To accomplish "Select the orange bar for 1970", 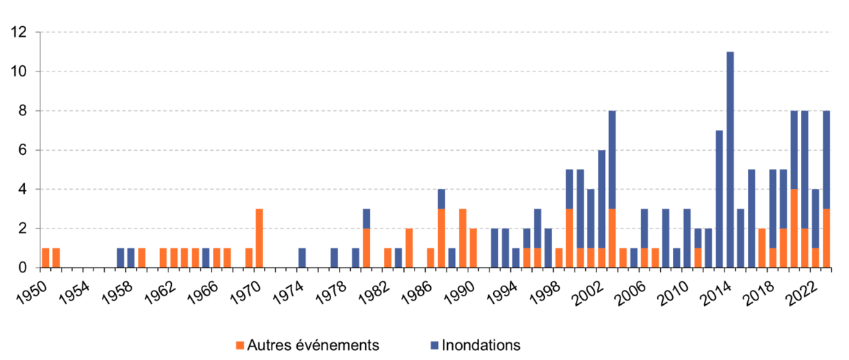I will coord(259,238).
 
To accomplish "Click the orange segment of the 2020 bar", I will coord(794,228).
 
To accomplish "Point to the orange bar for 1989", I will coord(462,238).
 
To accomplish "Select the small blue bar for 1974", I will coord(302,258).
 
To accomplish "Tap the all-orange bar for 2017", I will coord(762,248).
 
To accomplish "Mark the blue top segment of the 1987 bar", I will coord(441,199).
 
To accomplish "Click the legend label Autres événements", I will coord(314,345).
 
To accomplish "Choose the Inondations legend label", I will coord(481,345).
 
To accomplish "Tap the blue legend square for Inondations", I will coord(434,345).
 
